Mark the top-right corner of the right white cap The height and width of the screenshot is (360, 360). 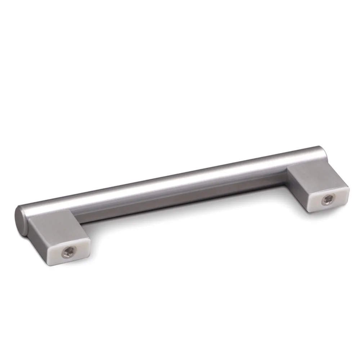[348, 186]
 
